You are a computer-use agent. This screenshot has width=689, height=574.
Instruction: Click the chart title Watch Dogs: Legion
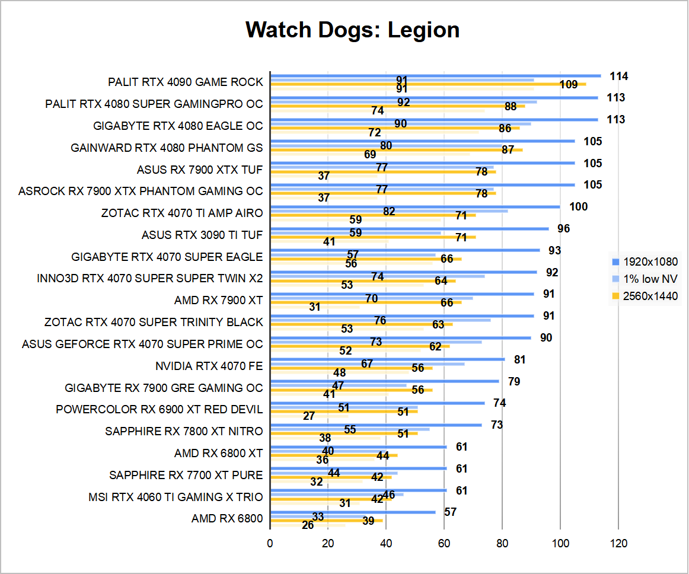click(352, 30)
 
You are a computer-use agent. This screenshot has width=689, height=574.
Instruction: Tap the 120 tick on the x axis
click(618, 543)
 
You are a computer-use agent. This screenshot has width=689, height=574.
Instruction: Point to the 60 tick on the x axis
click(444, 543)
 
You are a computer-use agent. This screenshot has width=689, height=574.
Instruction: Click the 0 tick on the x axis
click(270, 543)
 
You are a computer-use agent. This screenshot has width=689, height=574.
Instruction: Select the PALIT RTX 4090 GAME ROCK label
click(185, 82)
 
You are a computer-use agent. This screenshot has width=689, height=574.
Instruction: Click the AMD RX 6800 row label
click(227, 519)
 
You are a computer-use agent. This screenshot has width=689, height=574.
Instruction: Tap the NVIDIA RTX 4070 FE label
click(209, 366)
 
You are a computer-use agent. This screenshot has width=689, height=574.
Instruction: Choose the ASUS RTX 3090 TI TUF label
click(202, 235)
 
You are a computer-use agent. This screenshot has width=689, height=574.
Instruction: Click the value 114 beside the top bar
click(618, 76)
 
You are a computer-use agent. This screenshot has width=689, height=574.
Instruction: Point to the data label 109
click(568, 84)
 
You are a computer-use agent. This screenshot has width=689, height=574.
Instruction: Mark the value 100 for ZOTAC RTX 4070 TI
click(578, 206)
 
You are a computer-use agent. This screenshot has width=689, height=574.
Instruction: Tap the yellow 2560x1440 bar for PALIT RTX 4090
click(428, 84)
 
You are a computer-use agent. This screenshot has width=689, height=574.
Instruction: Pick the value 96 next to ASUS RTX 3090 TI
click(563, 228)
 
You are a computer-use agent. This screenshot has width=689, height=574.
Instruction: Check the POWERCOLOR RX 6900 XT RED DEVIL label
click(159, 410)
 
